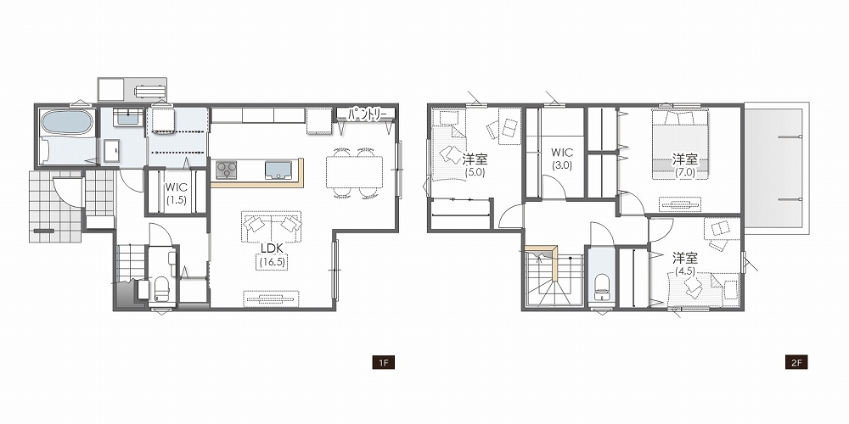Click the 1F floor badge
coord(383,362)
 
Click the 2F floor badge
coord(796,362)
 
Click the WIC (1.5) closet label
coord(177,193)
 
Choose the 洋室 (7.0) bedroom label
coord(685,165)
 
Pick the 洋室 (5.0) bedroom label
coord(475,165)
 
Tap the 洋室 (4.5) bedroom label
coord(684,264)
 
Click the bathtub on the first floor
coord(65,124)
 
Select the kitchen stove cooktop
coord(227,170)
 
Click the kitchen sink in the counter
coord(278,170)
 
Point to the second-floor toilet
coord(601,287)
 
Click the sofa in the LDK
coord(271,226)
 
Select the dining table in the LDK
coord(355,172)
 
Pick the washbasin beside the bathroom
coord(128,117)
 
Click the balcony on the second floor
coord(775,168)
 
